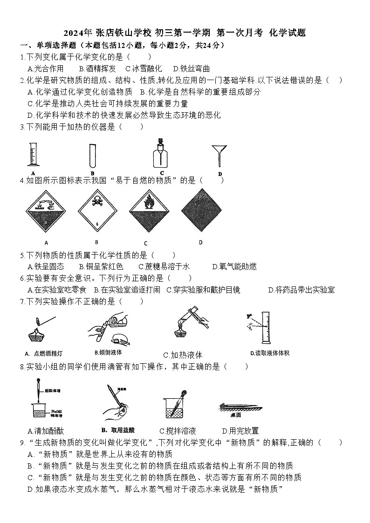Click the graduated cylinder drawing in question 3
[x=32, y=154]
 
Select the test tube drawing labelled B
[x=93, y=155]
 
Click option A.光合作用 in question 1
[x=46, y=68]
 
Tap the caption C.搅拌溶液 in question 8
[x=178, y=431]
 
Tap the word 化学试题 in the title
[x=288, y=33]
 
